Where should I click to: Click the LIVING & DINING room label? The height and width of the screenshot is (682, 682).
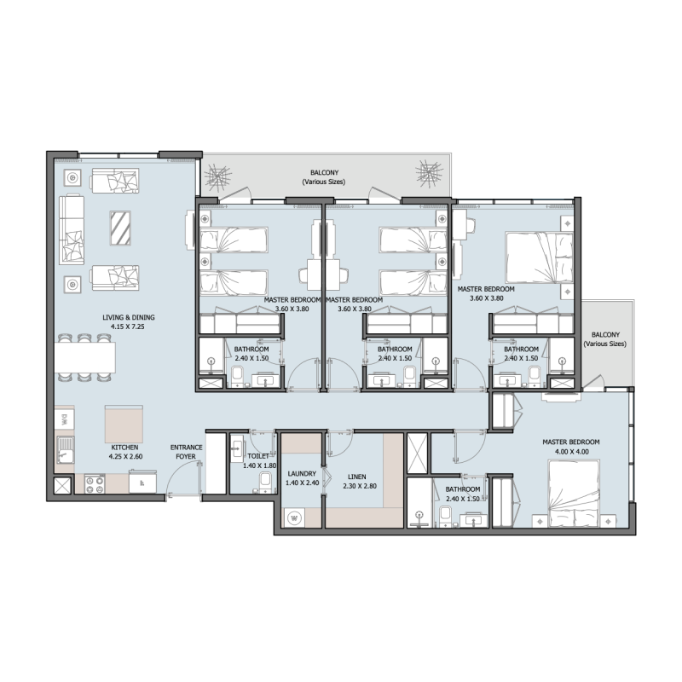[x=124, y=321]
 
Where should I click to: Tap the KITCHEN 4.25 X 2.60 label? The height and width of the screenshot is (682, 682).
[x=124, y=451]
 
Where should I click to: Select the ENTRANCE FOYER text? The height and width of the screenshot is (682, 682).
[x=185, y=451]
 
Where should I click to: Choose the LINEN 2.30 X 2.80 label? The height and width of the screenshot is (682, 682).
[x=357, y=481]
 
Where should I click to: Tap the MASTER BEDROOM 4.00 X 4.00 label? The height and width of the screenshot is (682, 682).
[x=571, y=447]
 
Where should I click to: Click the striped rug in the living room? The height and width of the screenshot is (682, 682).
[x=120, y=227]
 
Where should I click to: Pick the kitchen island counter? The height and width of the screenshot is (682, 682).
[x=123, y=423]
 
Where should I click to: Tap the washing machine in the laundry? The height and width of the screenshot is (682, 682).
[x=296, y=517]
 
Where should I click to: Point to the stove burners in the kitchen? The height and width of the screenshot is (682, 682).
[x=94, y=484]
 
